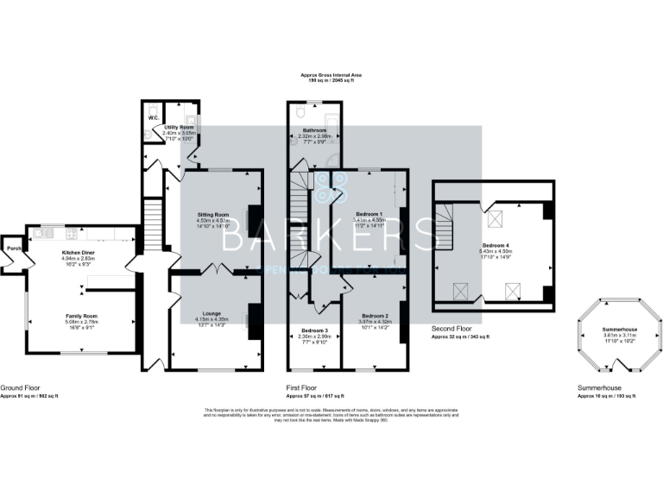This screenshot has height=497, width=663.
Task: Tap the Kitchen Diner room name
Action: pos(78,252)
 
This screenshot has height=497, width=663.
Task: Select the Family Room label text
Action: pos(79,316)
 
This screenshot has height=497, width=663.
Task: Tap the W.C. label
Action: pos(153,117)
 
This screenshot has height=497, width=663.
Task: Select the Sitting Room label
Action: pos(212,213)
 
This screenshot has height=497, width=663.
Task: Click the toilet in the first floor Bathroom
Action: pos(298,111)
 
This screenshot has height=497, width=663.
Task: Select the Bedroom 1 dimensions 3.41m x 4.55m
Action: pos(369,219)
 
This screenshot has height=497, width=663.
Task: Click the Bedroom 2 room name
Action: pos(374,316)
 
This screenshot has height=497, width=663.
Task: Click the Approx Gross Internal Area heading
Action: pos(331,75)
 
